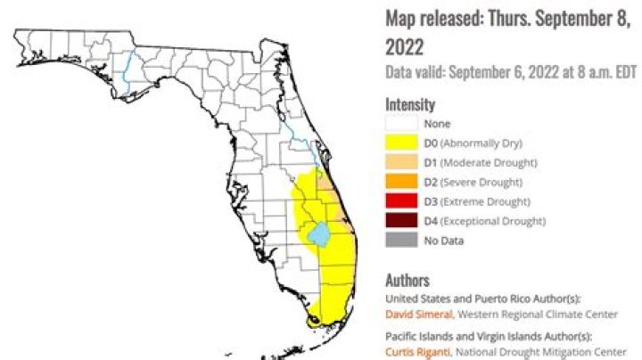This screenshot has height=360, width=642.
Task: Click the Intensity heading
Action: [x=410, y=104]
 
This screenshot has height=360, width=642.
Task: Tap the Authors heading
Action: [x=407, y=280]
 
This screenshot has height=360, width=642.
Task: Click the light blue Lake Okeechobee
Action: [x=319, y=234]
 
